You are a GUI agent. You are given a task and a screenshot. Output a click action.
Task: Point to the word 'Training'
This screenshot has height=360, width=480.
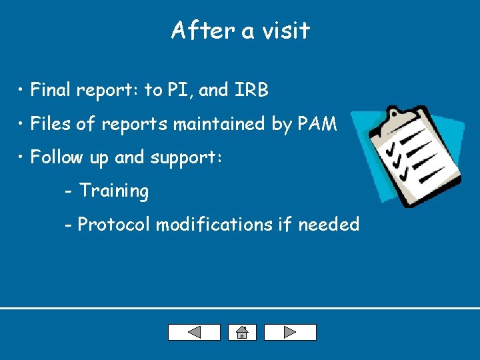pyautogui.click(x=114, y=191)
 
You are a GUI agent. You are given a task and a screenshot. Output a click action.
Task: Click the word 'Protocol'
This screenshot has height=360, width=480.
pyautogui.click(x=115, y=225)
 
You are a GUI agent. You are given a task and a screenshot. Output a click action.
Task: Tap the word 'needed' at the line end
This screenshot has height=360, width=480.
pyautogui.click(x=329, y=225)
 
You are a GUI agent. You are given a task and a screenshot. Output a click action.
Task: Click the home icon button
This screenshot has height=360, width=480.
pyautogui.click(x=241, y=332)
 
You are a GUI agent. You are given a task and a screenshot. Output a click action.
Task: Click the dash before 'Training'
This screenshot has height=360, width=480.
pyautogui.click(x=69, y=192)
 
